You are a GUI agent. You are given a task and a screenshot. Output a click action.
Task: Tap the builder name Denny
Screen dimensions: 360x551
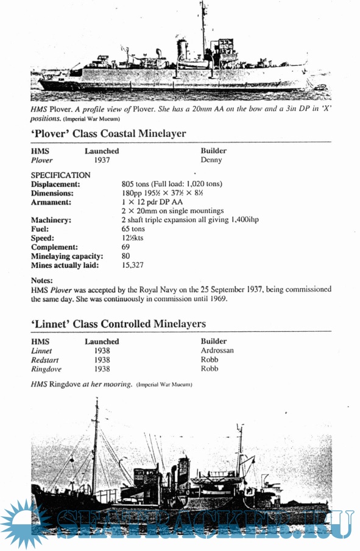pyautogui.click(x=211, y=160)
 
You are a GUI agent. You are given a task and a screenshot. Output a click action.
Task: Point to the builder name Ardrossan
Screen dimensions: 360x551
pyautogui.click(x=217, y=351)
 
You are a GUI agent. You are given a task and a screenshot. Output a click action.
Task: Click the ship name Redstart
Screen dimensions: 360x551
pyautogui.click(x=46, y=360)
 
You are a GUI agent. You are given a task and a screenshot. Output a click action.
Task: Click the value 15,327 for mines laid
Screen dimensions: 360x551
pyautogui.click(x=133, y=265)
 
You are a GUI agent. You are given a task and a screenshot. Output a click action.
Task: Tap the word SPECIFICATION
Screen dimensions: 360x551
pyautogui.click(x=60, y=175)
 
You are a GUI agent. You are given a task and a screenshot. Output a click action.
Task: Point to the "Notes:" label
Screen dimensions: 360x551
pyautogui.click(x=41, y=280)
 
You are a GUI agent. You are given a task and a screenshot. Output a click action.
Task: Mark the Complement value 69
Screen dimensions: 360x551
pyautogui.click(x=126, y=247)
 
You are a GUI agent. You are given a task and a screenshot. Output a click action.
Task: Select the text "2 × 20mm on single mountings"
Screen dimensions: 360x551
pyautogui.click(x=173, y=211)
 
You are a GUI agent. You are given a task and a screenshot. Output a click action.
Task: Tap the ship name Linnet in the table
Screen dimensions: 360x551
pyautogui.click(x=41, y=351)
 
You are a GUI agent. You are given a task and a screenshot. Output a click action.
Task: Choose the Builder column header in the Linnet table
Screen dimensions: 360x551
pyautogui.click(x=213, y=342)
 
